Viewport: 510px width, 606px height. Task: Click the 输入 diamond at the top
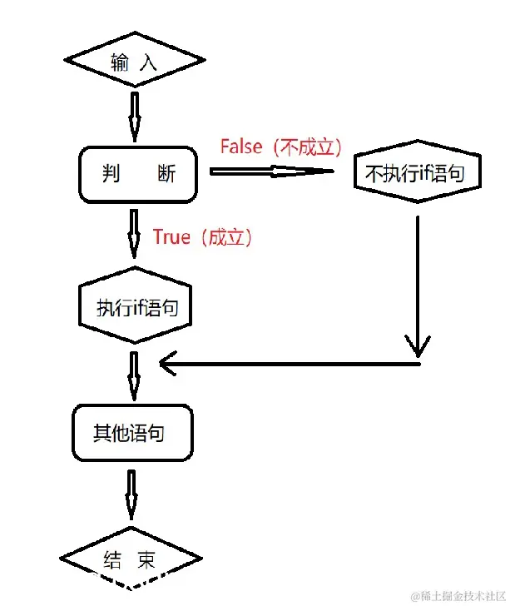[x=134, y=62]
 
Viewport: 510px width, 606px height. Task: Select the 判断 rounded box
[x=139, y=174]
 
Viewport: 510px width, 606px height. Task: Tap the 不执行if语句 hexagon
[x=417, y=174]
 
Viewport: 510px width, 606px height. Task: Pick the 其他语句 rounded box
[x=132, y=434]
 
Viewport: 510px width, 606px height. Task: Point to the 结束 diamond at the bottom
[x=131, y=560]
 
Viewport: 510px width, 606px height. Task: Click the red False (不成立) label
[x=280, y=147]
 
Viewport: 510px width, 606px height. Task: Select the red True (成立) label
[x=201, y=237]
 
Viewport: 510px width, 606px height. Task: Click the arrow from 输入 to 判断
[x=134, y=117]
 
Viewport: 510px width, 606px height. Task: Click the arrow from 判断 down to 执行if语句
[x=134, y=234]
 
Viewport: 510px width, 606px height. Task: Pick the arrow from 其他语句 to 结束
[x=132, y=494]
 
